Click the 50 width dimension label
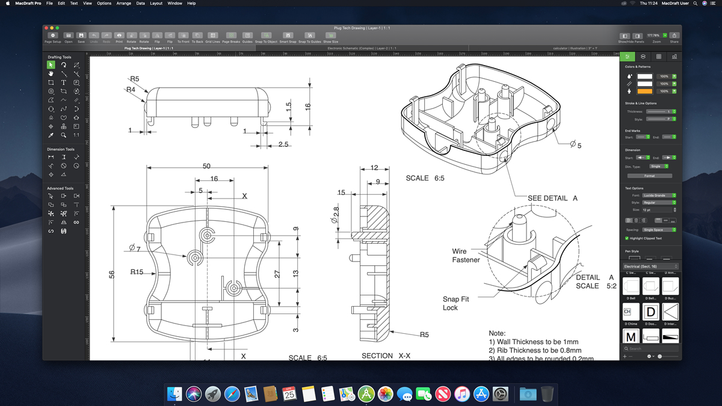point(206,166)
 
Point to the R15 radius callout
point(137,272)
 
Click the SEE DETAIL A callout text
point(552,198)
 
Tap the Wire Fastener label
point(466,256)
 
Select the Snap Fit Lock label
point(455,303)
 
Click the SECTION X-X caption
point(386,356)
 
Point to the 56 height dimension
point(112,274)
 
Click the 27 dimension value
point(277,274)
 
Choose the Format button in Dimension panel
point(649,176)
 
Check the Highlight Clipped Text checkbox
point(628,238)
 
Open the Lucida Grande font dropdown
point(659,195)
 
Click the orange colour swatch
point(644,91)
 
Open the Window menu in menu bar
point(174,4)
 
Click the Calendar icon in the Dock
point(289,394)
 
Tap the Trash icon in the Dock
point(546,394)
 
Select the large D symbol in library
point(650,312)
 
